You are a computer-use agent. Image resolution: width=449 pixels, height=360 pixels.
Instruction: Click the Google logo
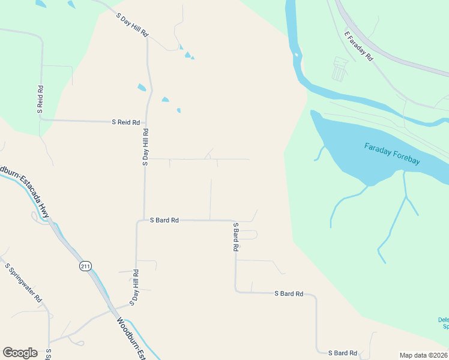tap(20, 353)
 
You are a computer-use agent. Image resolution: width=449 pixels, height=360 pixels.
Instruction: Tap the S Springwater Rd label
tap(23, 282)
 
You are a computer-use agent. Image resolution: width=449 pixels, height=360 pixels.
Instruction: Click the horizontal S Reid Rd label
tap(125, 122)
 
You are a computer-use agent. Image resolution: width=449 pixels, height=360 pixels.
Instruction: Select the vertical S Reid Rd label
tap(40, 99)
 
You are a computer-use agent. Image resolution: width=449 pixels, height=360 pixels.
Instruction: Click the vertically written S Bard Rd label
tap(236, 237)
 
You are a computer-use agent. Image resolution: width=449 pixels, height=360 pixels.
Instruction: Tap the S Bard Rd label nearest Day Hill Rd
tap(164, 220)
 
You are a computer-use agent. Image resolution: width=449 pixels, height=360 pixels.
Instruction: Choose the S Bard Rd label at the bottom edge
tap(342, 353)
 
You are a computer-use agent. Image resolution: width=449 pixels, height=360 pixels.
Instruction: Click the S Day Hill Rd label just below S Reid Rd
tap(145, 146)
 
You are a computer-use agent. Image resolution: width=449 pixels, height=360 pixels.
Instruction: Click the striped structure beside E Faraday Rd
tap(340, 69)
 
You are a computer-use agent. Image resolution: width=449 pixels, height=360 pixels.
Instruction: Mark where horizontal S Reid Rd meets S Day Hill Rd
tap(146, 122)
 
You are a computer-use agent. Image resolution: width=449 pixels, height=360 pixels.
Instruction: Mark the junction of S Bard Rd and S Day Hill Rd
tap(143, 220)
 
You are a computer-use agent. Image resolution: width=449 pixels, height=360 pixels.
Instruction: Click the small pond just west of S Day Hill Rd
tap(142, 87)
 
